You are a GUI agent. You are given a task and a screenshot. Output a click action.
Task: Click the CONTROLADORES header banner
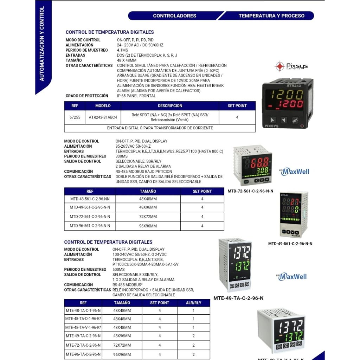(174, 16)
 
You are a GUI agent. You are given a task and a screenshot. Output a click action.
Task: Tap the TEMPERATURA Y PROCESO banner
(271, 16)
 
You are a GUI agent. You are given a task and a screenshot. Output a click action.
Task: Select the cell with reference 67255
(75, 117)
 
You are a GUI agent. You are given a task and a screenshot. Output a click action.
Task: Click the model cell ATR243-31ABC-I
(103, 117)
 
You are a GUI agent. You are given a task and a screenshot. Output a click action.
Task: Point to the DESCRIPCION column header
(170, 106)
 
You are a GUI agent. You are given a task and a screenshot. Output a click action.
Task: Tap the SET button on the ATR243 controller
(295, 120)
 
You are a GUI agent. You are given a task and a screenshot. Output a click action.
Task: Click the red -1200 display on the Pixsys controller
(285, 104)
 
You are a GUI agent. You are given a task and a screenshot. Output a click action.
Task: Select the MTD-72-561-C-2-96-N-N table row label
(90, 217)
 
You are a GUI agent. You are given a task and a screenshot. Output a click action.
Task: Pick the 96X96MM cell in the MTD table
(148, 226)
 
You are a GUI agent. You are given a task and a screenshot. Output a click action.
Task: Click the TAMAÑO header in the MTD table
(148, 192)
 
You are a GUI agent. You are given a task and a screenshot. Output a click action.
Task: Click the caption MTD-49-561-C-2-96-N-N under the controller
(290, 244)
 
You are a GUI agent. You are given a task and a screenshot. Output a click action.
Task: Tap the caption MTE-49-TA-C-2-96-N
(238, 298)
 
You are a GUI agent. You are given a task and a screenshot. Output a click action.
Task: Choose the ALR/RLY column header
(193, 303)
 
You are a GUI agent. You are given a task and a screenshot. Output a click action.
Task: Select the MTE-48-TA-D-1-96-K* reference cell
(83, 319)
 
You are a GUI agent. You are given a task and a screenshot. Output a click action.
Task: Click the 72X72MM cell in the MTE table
(122, 345)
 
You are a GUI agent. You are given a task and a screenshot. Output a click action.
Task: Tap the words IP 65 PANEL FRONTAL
(136, 96)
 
